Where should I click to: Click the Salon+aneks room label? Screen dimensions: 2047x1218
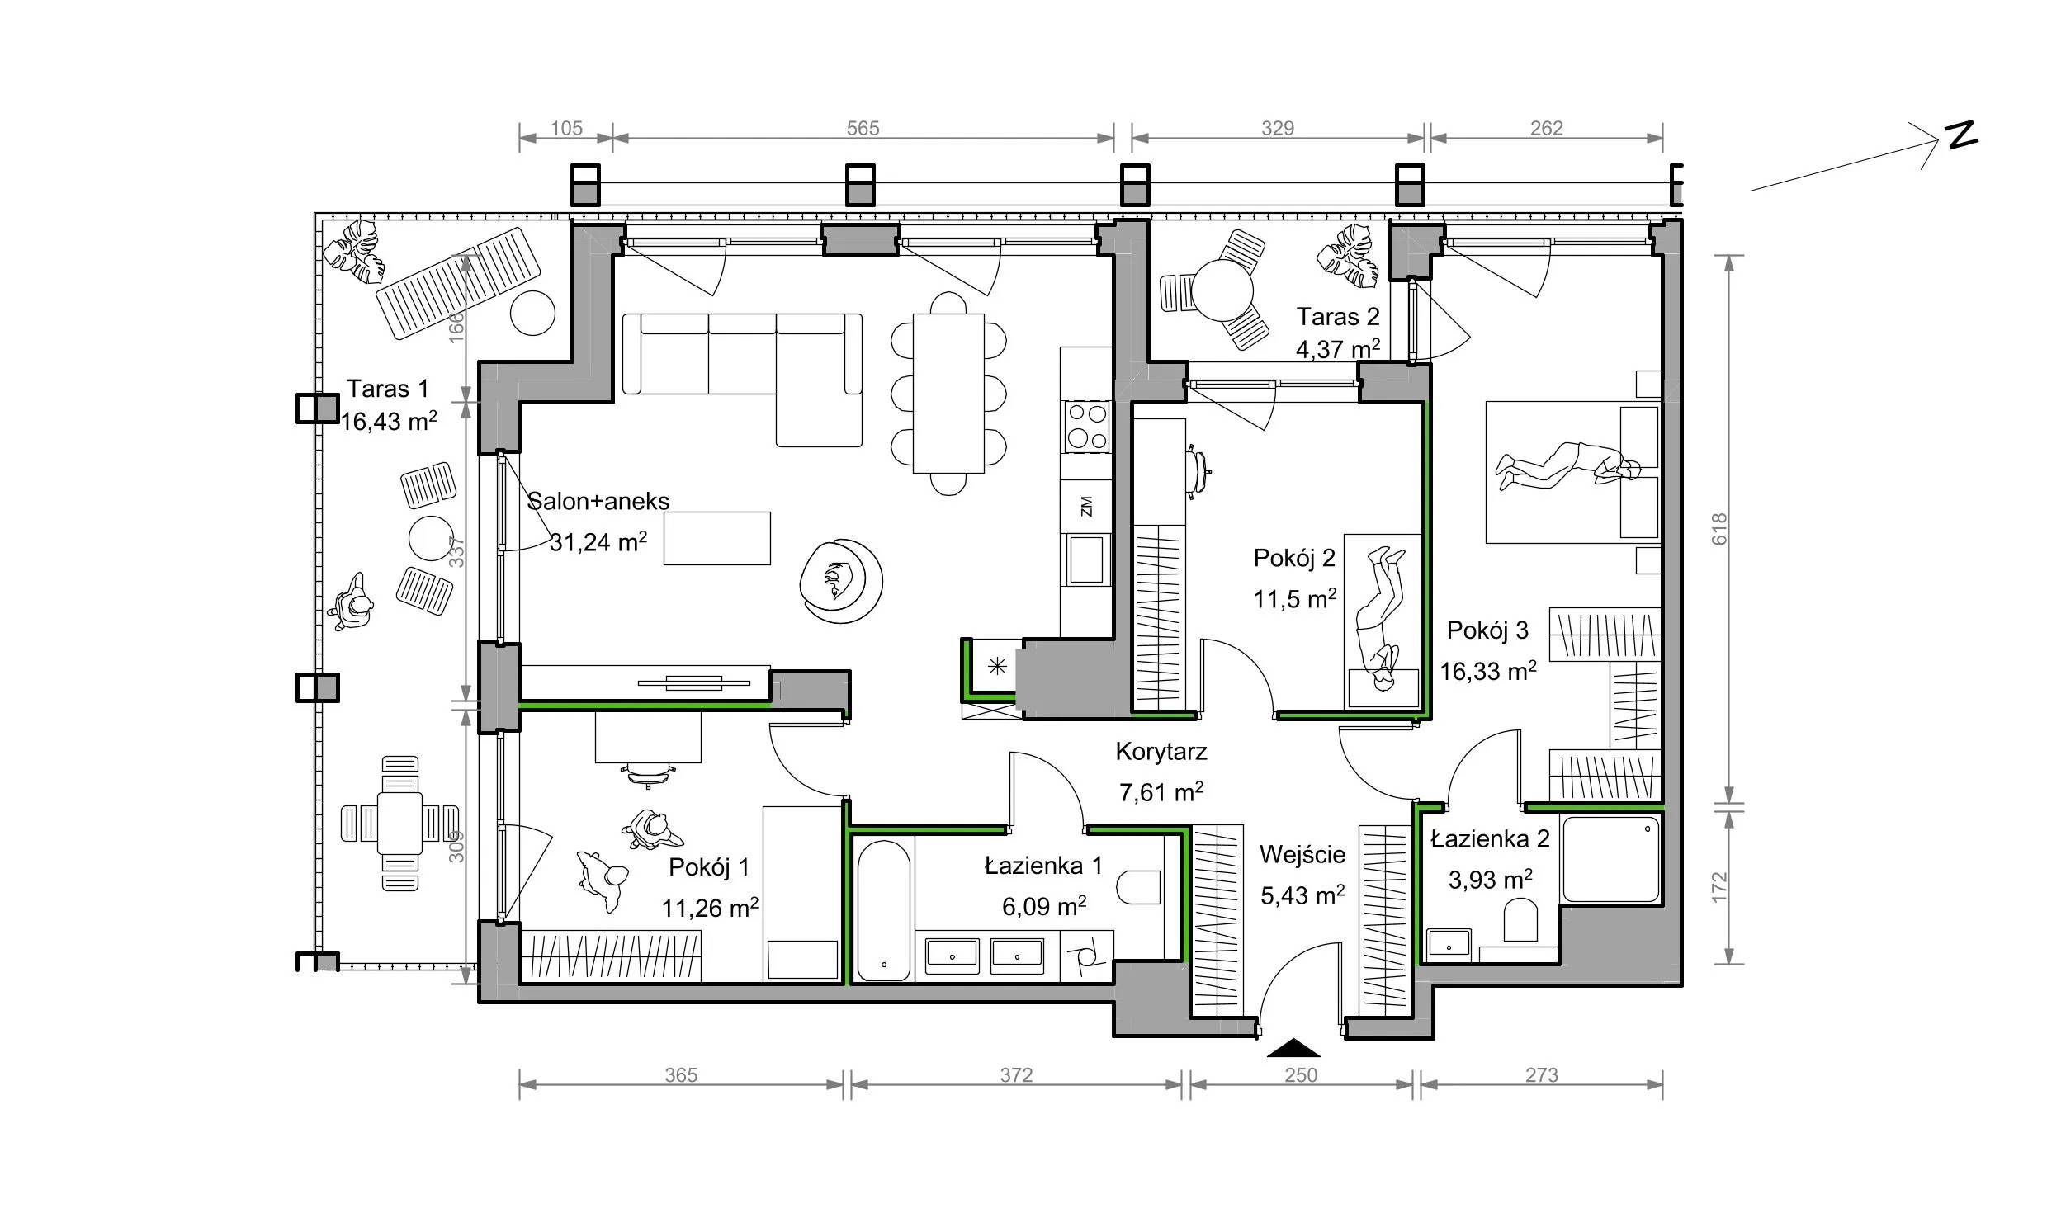(x=598, y=501)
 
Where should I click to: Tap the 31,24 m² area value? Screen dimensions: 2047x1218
(x=598, y=541)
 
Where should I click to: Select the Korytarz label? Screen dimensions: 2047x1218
(x=1161, y=752)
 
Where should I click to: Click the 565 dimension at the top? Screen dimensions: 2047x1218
(x=863, y=128)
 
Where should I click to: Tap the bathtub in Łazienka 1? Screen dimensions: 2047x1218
(x=883, y=909)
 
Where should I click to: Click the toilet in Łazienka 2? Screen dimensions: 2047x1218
(x=1520, y=920)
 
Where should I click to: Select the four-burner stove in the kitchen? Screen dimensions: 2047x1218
(x=1086, y=427)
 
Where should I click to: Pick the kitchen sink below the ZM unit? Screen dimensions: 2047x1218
(x=1086, y=559)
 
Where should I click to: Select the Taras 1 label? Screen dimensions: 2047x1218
(x=387, y=389)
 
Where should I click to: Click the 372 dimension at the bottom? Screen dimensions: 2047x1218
(x=1016, y=1075)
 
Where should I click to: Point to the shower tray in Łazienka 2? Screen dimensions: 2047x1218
(x=1610, y=859)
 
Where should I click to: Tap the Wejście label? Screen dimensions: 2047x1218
(x=1302, y=854)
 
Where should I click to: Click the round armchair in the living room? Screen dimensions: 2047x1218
(x=841, y=582)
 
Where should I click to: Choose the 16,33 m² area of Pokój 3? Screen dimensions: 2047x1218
(x=1488, y=671)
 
